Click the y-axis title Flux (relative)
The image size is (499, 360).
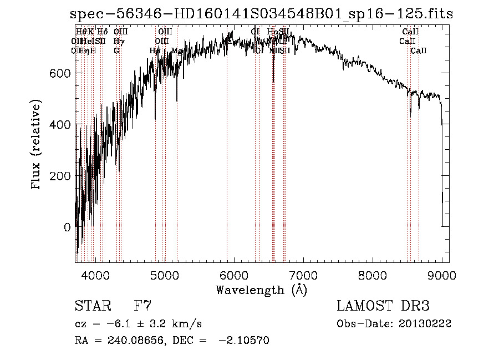click(37, 146)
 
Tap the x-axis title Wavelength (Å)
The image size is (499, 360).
click(261, 290)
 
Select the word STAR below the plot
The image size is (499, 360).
click(92, 306)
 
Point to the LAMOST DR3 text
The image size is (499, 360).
click(383, 306)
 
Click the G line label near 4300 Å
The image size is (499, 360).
click(116, 51)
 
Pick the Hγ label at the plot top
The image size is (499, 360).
click(118, 41)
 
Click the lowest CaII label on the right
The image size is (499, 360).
click(419, 51)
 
